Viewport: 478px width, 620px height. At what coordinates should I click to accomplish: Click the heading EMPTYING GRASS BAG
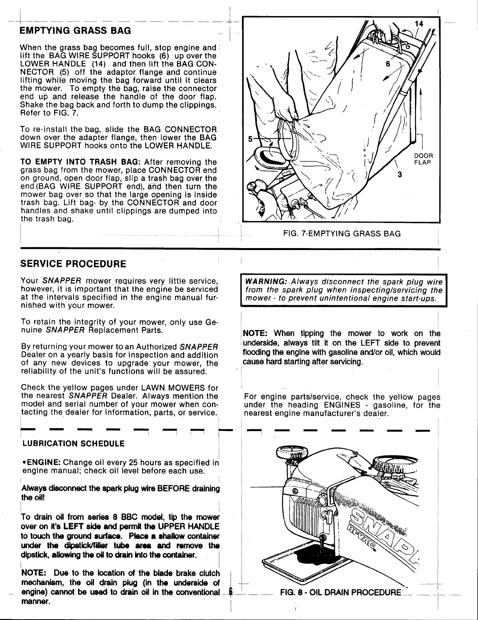pyautogui.click(x=76, y=30)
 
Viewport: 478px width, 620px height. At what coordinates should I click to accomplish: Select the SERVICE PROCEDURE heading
pyautogui.click(x=73, y=263)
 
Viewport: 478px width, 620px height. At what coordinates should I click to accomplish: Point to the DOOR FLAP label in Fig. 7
pyautogui.click(x=423, y=159)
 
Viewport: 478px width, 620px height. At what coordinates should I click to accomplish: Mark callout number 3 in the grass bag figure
pyautogui.click(x=400, y=175)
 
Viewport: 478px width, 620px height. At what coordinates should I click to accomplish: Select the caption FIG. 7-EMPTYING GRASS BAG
pyautogui.click(x=342, y=234)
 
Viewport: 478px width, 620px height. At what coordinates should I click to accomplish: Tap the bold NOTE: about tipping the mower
pyautogui.click(x=255, y=334)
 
